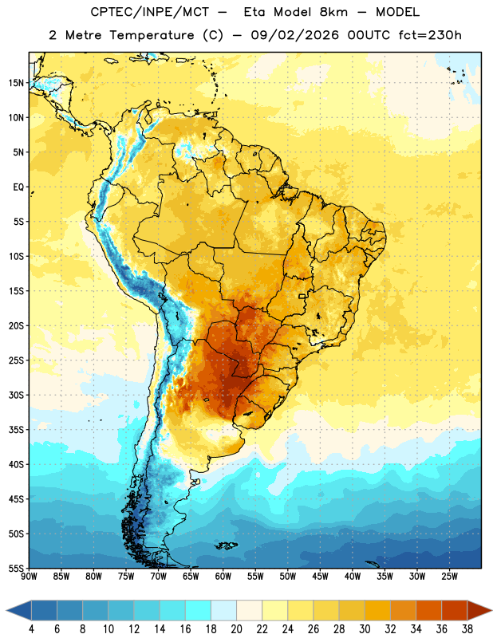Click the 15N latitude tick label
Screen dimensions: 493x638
coord(16,83)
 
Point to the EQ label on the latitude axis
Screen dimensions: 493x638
coord(18,187)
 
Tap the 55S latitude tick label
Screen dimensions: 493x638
coord(16,568)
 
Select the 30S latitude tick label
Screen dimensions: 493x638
coord(16,395)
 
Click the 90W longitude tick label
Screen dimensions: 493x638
coord(29,577)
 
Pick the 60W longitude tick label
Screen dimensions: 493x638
coord(223,577)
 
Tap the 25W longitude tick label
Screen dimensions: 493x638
coord(449,577)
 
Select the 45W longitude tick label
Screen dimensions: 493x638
coord(321,577)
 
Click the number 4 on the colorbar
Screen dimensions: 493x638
coord(31,629)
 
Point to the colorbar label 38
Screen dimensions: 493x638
coord(467,629)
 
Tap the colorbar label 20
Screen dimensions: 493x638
coord(236,629)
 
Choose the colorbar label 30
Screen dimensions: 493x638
coord(365,629)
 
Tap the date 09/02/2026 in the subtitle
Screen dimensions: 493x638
coord(294,35)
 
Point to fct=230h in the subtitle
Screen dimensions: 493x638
coord(430,35)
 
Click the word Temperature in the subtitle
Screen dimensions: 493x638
coord(152,35)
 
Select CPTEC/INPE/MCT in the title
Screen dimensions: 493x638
coord(150,12)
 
